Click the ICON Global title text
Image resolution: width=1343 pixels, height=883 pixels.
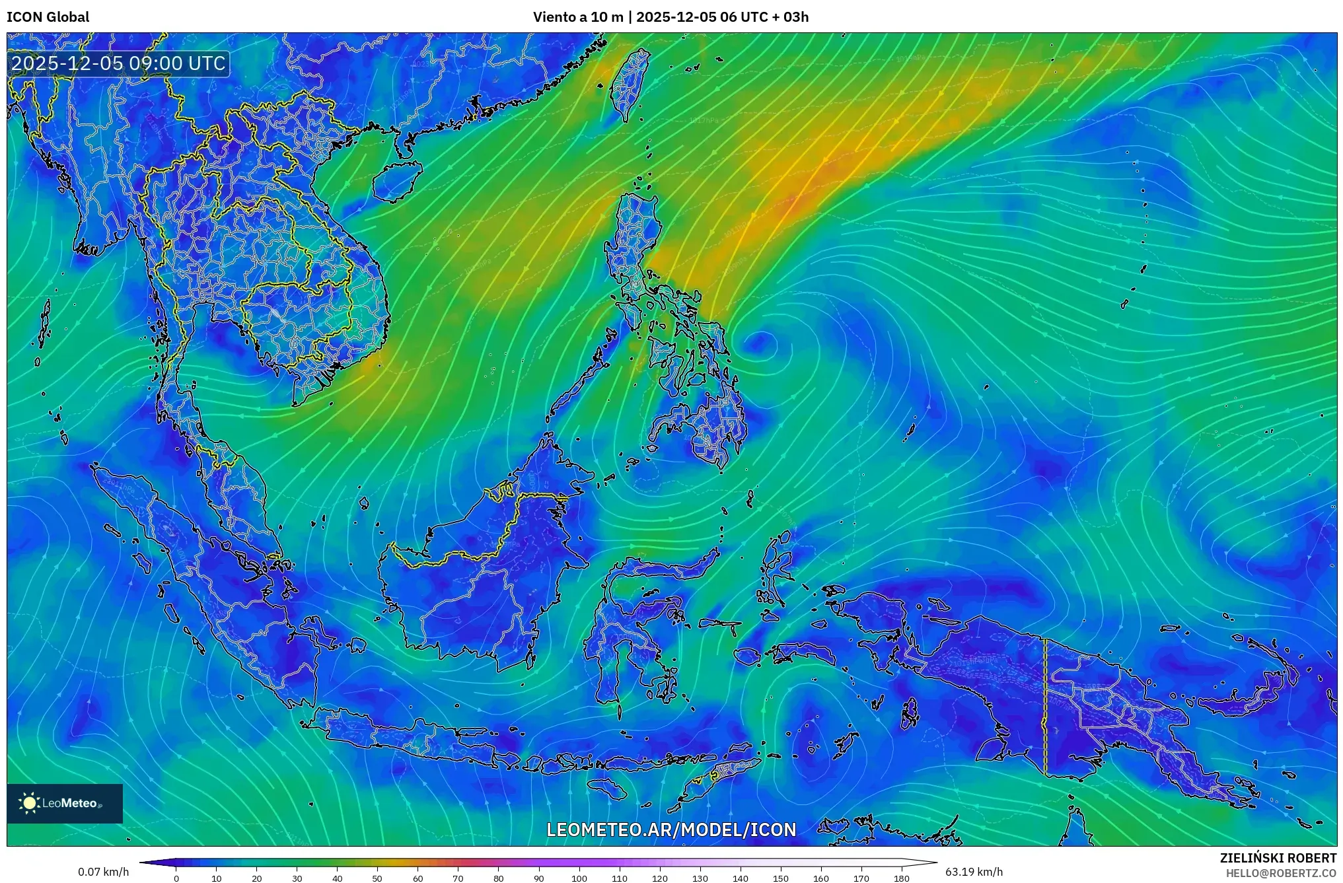pyautogui.click(x=48, y=17)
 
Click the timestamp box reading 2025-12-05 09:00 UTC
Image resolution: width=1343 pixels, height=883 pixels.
pyautogui.click(x=119, y=63)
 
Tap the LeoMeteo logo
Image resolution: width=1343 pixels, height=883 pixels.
pyautogui.click(x=65, y=803)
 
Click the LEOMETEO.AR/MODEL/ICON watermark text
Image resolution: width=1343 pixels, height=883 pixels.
pyautogui.click(x=671, y=830)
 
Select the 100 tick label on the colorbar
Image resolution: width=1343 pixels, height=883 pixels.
pyautogui.click(x=579, y=878)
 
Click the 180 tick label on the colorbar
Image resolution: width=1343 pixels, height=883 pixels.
pyautogui.click(x=901, y=878)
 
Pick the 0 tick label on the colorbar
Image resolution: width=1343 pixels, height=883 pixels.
pyautogui.click(x=176, y=878)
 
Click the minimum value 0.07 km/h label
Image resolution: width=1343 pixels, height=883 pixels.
pyautogui.click(x=103, y=872)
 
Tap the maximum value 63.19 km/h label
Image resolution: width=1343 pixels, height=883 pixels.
pyautogui.click(x=974, y=872)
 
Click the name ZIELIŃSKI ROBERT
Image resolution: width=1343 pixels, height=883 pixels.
pyautogui.click(x=1278, y=858)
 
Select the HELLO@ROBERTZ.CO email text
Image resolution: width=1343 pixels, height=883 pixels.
pyautogui.click(x=1281, y=873)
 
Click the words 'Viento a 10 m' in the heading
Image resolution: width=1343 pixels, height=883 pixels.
pyautogui.click(x=577, y=17)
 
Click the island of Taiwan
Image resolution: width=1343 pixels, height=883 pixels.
pyautogui.click(x=628, y=83)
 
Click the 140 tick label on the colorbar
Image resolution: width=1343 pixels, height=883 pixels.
pyautogui.click(x=740, y=878)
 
